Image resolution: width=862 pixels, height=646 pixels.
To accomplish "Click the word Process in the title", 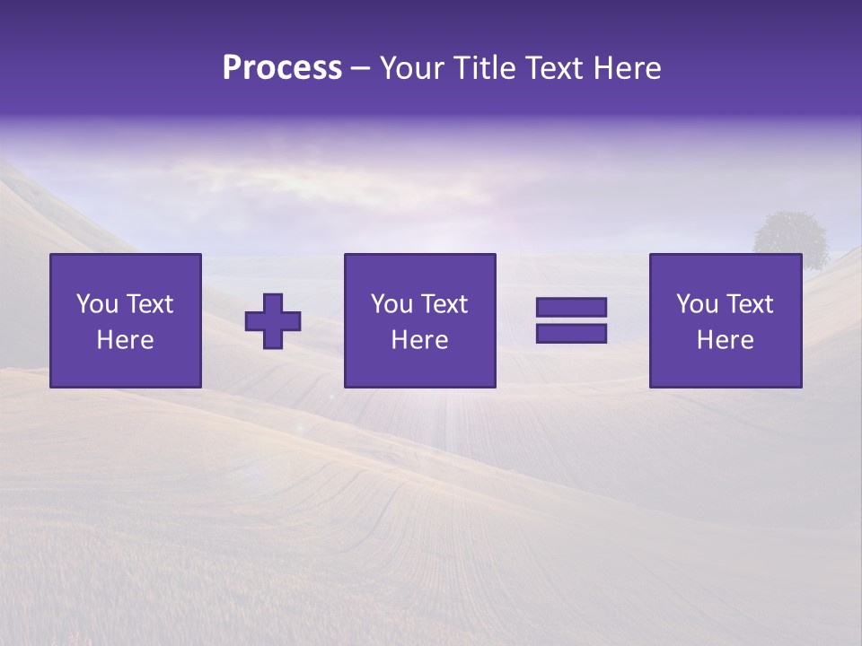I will [282, 68].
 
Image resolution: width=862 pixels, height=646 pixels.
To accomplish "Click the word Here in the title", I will [627, 68].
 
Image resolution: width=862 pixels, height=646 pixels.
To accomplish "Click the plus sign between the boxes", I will [273, 321].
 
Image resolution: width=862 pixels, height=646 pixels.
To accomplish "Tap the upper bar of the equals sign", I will [571, 308].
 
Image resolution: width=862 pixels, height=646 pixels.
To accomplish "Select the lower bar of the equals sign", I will [571, 333].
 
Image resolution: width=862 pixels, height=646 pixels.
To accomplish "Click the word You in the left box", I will [96, 304].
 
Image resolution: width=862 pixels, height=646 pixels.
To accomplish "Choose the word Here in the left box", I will [125, 340].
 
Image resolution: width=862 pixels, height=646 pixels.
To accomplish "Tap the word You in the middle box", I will [391, 304].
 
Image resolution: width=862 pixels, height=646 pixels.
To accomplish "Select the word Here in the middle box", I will [419, 340].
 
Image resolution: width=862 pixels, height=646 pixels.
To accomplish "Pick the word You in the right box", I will [696, 304].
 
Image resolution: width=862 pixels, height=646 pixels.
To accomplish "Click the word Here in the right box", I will [725, 340].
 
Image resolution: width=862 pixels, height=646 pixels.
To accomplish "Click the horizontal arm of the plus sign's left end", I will [252, 321].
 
